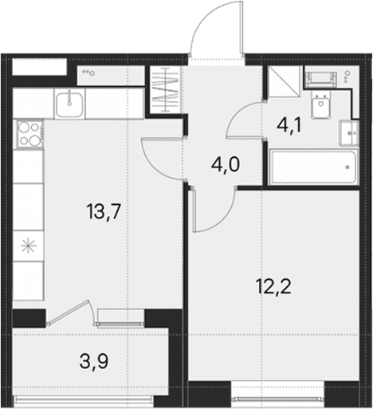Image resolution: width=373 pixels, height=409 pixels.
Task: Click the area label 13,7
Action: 104,212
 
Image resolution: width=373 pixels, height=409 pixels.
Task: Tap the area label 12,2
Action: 274,287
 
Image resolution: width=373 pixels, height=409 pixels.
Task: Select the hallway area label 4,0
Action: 226,165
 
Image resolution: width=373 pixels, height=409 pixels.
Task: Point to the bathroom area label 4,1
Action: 289,125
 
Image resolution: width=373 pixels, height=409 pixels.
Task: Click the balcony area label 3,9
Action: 94,362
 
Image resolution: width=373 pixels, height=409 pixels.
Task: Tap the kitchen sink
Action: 69,104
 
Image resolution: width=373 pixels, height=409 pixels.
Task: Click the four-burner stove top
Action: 30,134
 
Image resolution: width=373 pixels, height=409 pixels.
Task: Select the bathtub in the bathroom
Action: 313,167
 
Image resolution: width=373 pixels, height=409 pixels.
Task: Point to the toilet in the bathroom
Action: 320,106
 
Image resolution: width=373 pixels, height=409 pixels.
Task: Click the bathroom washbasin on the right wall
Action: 349,133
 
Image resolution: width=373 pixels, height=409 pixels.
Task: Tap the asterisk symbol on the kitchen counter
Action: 29,246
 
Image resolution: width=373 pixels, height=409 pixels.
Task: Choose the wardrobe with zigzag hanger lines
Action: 165,90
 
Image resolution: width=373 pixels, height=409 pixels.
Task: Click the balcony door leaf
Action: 69,312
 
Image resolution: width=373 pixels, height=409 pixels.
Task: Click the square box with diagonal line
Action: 285,81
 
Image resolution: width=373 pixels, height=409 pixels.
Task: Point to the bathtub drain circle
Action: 347,167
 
